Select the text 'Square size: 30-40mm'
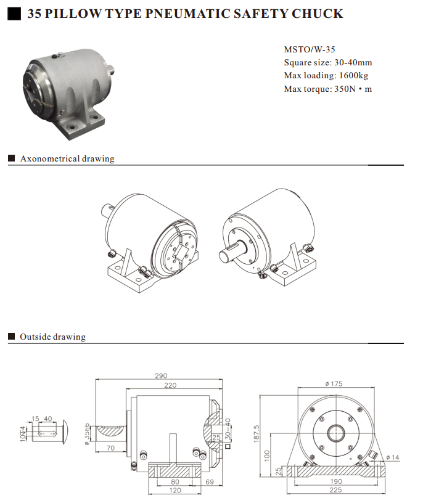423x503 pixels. tap(327, 62)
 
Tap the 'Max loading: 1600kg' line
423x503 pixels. tap(326, 75)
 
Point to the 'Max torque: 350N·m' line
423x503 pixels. tap(327, 89)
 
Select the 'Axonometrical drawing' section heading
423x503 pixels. tap(67, 158)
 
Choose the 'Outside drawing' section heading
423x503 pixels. tap(52, 337)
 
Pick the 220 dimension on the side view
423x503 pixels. tap(170, 385)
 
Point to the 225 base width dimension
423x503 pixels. tap(335, 491)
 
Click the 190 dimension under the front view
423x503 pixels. tap(335, 481)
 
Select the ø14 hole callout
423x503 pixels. tap(392, 457)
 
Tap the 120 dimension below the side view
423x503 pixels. tap(175, 491)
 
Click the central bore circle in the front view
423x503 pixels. tap(335, 431)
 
